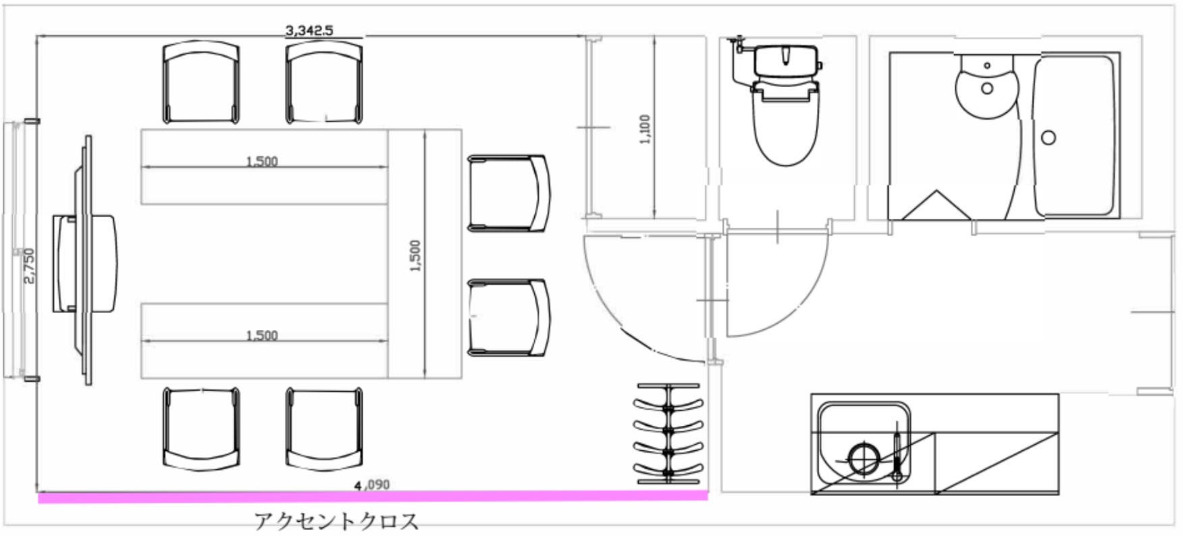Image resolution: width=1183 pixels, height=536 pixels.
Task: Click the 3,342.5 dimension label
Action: point(309,30)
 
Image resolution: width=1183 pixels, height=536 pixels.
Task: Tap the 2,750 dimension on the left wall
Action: point(29,266)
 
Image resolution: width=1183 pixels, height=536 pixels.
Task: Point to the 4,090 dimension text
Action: point(372,485)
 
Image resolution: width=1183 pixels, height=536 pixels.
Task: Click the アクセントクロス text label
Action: point(336,521)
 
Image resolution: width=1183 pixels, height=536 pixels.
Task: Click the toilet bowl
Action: point(785,132)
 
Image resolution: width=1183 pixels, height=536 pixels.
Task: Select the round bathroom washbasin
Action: point(987,87)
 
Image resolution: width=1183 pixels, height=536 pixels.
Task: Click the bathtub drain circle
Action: point(1048,138)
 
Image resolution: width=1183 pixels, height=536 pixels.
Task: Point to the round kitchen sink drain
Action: point(862,458)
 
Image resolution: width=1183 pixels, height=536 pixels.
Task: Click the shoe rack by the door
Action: point(668,433)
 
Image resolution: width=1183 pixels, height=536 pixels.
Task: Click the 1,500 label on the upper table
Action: point(262,161)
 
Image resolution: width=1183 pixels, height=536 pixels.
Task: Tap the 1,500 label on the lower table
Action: point(262,335)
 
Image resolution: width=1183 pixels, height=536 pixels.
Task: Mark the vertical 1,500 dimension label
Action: point(415,255)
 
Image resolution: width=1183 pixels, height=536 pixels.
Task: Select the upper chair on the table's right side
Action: point(508,193)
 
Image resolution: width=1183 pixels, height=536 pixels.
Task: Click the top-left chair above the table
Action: point(201,82)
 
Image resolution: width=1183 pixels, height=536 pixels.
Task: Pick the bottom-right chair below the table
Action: point(323,428)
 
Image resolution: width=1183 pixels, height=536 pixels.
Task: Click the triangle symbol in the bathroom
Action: point(936,205)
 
